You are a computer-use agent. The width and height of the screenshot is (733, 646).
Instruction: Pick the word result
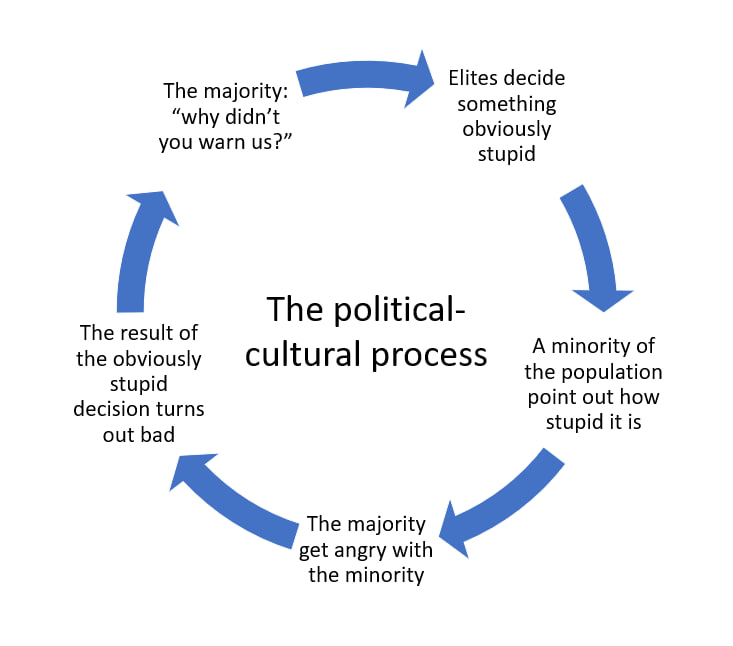(x=149, y=333)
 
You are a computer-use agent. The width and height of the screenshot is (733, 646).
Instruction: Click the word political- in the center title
(x=396, y=309)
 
